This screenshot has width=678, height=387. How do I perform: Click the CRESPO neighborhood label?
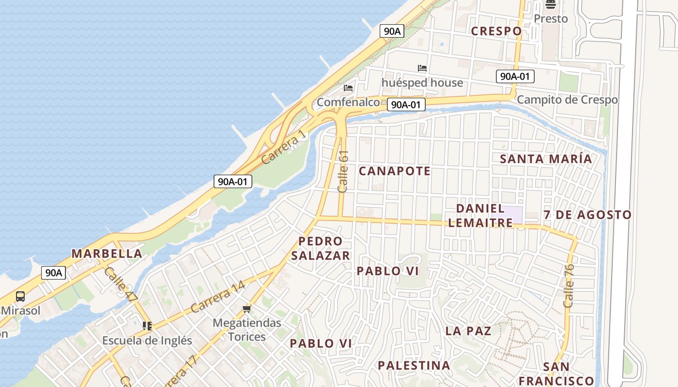[x=496, y=31]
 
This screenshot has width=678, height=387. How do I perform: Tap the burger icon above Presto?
[x=550, y=5]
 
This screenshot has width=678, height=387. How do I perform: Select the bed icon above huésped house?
[x=422, y=68]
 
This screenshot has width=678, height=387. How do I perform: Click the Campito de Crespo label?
[x=567, y=100]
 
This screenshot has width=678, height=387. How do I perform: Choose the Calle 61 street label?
[x=343, y=172]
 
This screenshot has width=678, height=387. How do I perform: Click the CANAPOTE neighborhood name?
[x=395, y=171]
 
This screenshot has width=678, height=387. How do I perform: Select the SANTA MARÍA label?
[x=546, y=159]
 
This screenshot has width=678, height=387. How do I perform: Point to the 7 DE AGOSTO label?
[x=587, y=215]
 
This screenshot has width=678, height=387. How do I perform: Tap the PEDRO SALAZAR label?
[x=321, y=248]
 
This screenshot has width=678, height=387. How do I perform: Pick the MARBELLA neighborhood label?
[x=107, y=253]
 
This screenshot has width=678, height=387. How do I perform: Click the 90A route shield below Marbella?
[x=53, y=273]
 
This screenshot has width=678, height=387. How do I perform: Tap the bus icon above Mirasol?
[x=20, y=297]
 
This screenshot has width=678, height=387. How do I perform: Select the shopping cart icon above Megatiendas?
[x=247, y=309]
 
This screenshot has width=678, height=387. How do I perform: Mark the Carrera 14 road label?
[x=217, y=296]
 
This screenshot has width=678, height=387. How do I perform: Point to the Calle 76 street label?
[x=569, y=285]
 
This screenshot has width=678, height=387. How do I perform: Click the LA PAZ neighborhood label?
[x=468, y=331]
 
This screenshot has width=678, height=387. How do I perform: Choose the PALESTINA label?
[x=414, y=365]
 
